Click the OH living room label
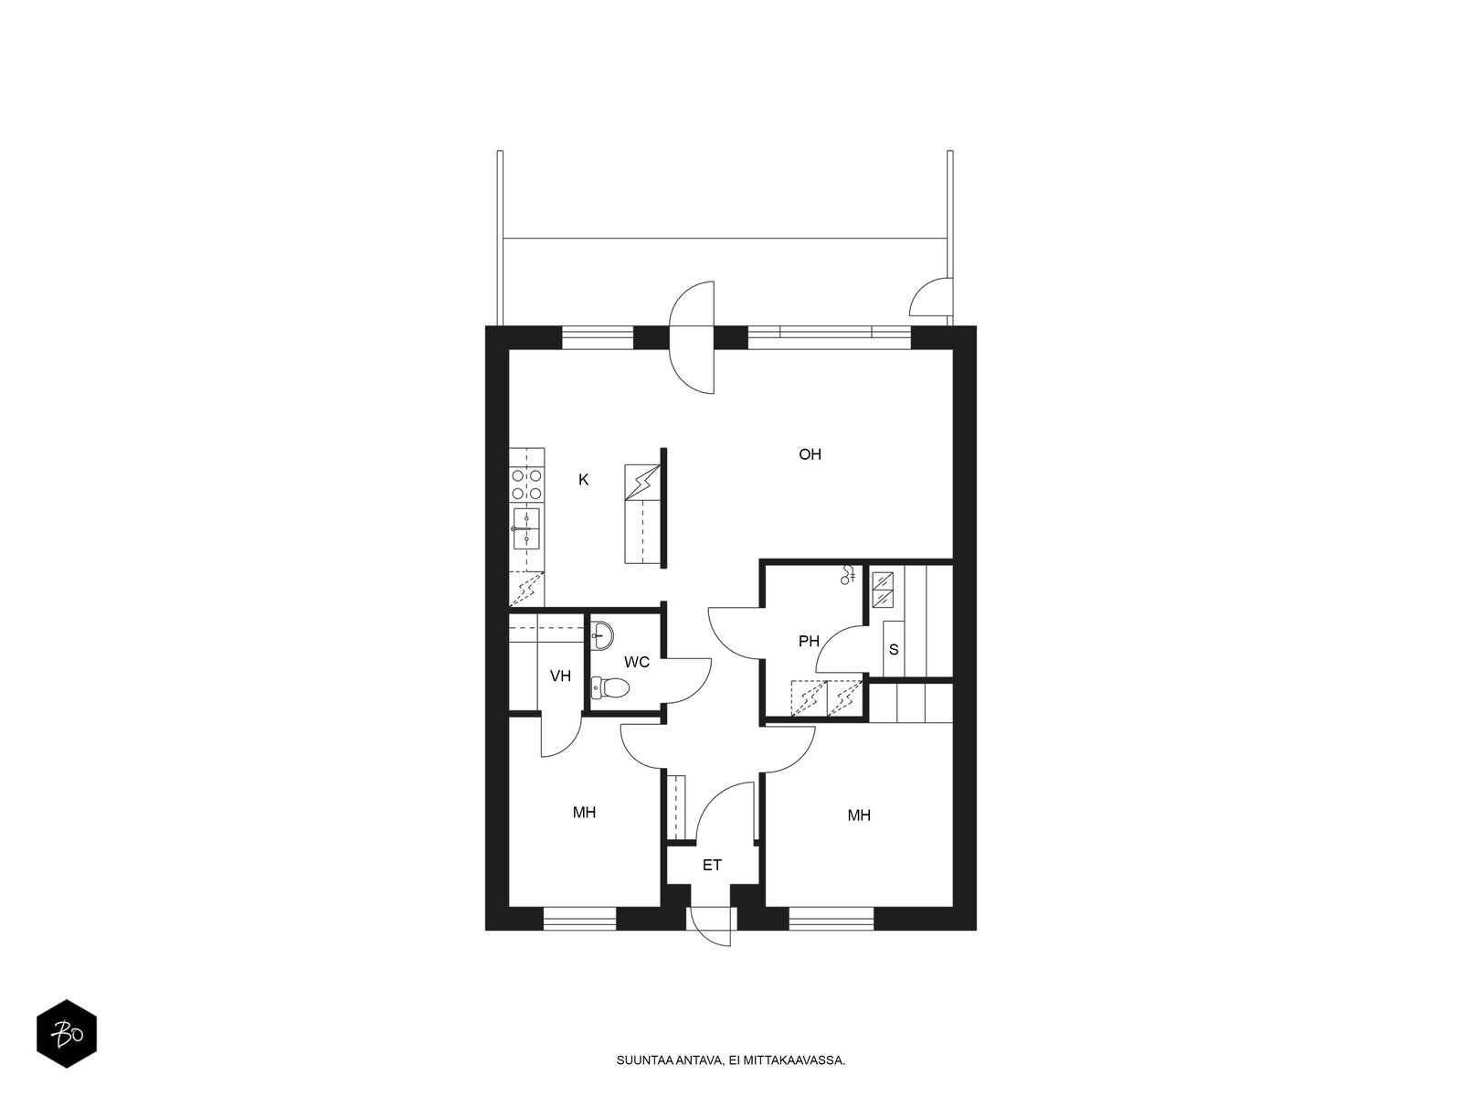(810, 454)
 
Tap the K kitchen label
(584, 480)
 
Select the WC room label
(637, 662)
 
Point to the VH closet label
(560, 676)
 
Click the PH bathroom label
(809, 642)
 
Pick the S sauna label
(894, 649)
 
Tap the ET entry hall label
(712, 865)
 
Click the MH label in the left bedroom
(584, 812)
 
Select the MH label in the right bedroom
(859, 815)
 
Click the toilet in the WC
(609, 687)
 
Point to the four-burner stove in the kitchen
(527, 485)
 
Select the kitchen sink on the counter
(526, 528)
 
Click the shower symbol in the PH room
(848, 575)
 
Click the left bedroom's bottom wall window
(579, 919)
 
